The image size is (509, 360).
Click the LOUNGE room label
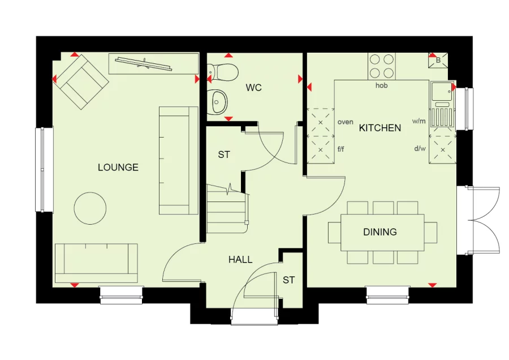[x=118, y=168]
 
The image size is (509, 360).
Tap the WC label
[x=253, y=88]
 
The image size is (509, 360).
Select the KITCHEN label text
[x=380, y=128]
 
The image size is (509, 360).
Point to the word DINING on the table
[x=380, y=232]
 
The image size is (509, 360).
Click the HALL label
[x=240, y=260]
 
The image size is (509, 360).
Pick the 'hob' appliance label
[x=381, y=85]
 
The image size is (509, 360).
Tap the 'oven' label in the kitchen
[x=346, y=122]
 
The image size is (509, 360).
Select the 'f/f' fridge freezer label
[x=341, y=149]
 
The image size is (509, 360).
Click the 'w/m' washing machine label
[x=419, y=121]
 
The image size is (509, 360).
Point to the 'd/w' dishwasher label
[x=420, y=149]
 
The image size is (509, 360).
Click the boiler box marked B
[x=438, y=61]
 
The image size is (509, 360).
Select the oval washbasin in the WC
[x=216, y=102]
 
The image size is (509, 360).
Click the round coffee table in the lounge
[x=90, y=208]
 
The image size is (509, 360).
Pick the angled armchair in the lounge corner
[x=81, y=82]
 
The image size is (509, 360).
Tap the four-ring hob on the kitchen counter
[x=381, y=66]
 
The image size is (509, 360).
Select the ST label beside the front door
[x=288, y=280]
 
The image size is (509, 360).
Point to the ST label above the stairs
[x=223, y=155]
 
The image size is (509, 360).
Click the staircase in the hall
[x=227, y=208]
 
